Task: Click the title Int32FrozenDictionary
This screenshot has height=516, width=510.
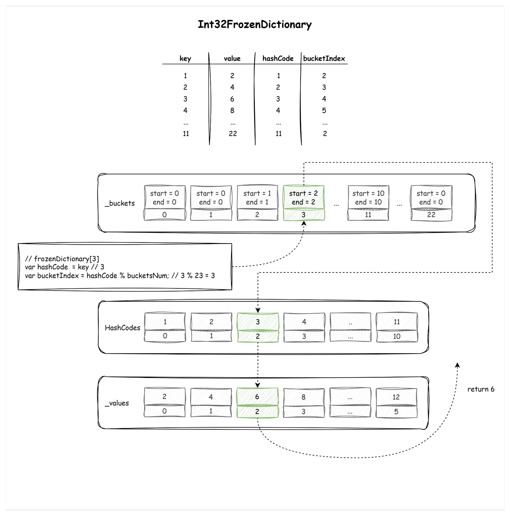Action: click(x=254, y=25)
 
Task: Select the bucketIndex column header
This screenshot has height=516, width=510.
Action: click(x=324, y=59)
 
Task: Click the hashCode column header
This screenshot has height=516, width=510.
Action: click(x=278, y=59)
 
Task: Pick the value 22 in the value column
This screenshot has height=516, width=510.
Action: click(x=233, y=133)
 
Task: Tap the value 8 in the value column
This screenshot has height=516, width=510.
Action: click(x=232, y=110)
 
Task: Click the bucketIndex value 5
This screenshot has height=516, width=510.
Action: click(x=324, y=110)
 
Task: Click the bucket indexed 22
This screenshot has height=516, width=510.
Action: click(x=431, y=203)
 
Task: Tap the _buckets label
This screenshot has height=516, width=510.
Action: click(x=120, y=203)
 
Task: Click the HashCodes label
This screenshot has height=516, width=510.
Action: click(x=122, y=328)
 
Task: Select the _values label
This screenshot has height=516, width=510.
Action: click(x=117, y=403)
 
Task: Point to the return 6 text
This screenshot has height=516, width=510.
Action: click(x=481, y=389)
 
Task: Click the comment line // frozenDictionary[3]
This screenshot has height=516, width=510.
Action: click(x=62, y=259)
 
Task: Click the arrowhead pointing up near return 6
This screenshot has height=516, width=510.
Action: click(x=457, y=365)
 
